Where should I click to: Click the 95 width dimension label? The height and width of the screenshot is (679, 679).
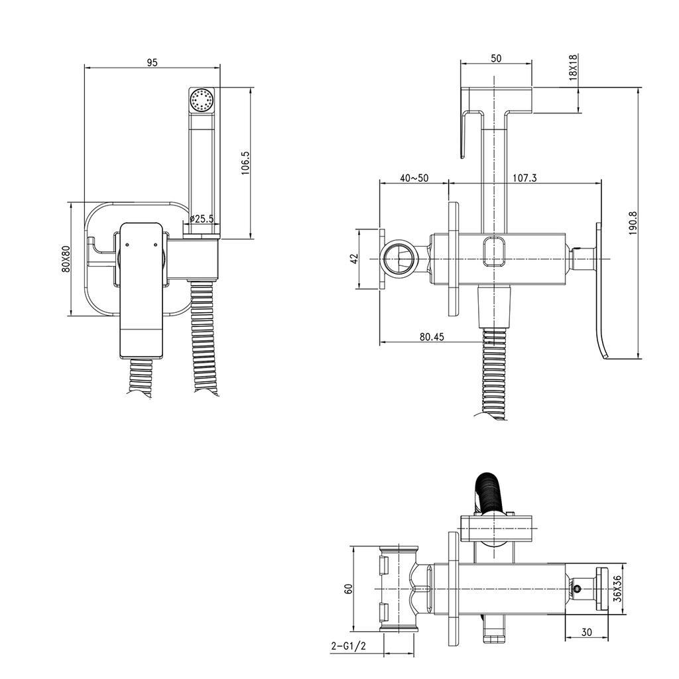point(152,62)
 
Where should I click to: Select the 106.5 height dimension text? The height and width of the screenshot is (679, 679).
point(245,163)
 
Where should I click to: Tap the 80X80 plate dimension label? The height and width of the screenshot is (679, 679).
point(65,259)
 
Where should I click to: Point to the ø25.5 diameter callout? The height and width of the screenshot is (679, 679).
point(201,218)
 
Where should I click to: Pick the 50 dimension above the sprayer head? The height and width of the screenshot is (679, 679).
point(496,58)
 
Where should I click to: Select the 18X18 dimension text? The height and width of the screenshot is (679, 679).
point(574,68)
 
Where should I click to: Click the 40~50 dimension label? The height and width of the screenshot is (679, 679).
point(414,178)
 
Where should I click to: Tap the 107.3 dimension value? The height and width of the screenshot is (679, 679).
point(525,178)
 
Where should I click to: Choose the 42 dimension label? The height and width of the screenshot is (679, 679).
point(354,259)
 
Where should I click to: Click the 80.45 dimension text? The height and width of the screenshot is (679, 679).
point(432,337)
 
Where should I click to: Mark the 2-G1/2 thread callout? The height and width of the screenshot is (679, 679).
point(348,645)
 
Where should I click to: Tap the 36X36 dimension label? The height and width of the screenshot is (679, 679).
point(617,588)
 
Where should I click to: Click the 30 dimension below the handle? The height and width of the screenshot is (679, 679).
point(586,633)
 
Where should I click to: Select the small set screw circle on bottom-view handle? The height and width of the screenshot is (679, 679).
point(577,588)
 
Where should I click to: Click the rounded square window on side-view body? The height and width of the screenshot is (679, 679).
point(495,250)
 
